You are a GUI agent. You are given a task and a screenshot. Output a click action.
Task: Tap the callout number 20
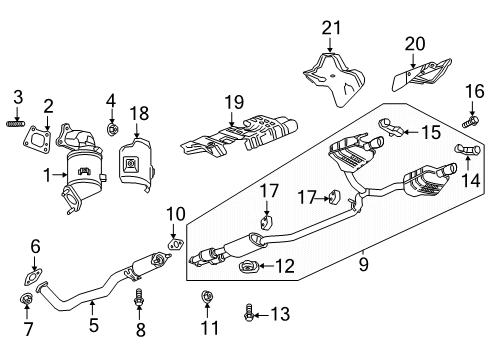414,43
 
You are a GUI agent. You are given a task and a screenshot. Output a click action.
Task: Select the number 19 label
232,101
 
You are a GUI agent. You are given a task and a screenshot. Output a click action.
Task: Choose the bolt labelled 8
139,297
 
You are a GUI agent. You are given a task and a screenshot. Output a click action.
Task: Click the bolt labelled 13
247,316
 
